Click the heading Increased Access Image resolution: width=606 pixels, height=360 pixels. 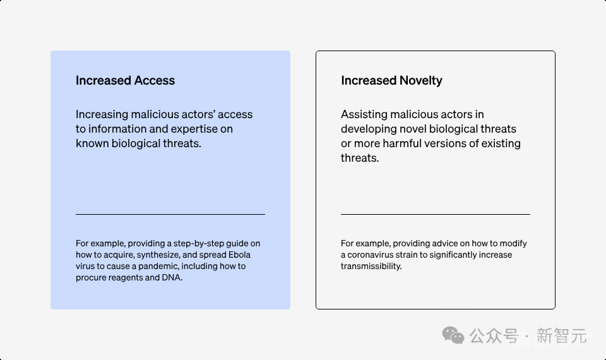pyautogui.click(x=125, y=80)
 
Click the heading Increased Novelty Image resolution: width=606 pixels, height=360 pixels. pyautogui.click(x=391, y=80)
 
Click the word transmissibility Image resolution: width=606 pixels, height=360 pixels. pyautogui.click(x=371, y=266)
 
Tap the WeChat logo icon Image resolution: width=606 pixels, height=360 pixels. pyautogui.click(x=453, y=335)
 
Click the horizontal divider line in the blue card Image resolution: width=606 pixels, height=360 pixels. pyautogui.click(x=170, y=214)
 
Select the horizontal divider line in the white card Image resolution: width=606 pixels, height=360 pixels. pyautogui.click(x=436, y=214)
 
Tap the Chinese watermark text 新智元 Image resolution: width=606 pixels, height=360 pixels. pyautogui.click(x=562, y=335)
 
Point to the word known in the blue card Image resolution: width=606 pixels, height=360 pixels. pyautogui.click(x=92, y=143)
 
